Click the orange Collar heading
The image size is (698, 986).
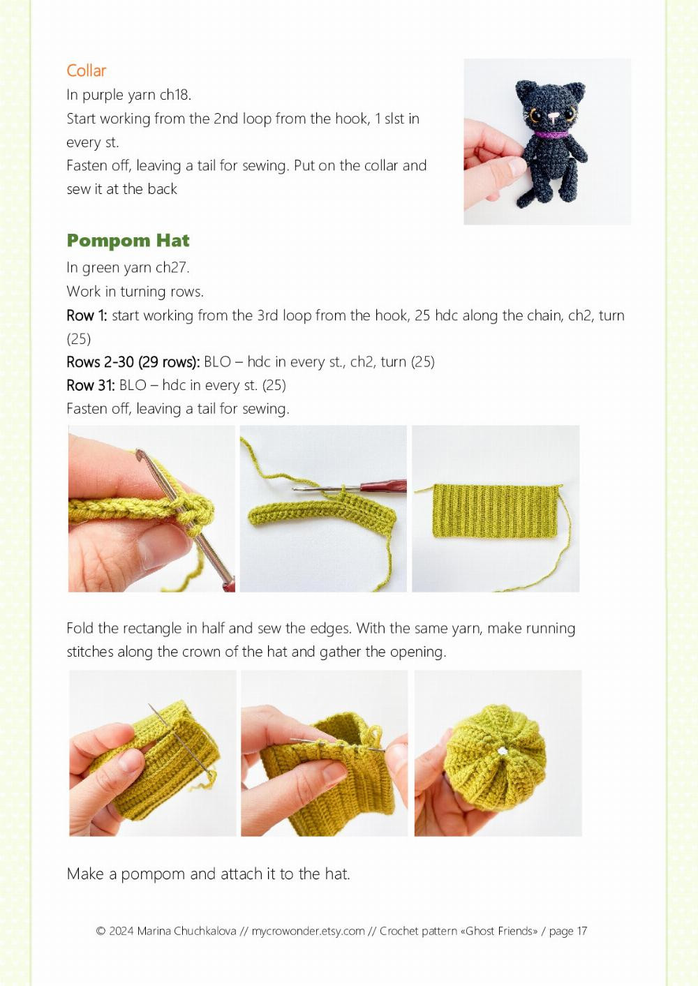pyautogui.click(x=87, y=70)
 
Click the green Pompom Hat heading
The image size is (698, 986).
pyautogui.click(x=128, y=241)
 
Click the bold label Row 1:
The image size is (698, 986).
pyautogui.click(x=87, y=315)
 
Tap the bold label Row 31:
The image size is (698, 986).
pyautogui.click(x=91, y=385)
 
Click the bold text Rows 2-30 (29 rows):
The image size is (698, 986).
pyautogui.click(x=133, y=362)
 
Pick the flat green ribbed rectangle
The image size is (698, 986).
pyautogui.click(x=496, y=511)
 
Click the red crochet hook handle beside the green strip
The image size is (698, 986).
pyautogui.click(x=383, y=486)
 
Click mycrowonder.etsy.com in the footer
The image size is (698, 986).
pyautogui.click(x=309, y=931)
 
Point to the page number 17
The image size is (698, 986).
pyautogui.click(x=581, y=931)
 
